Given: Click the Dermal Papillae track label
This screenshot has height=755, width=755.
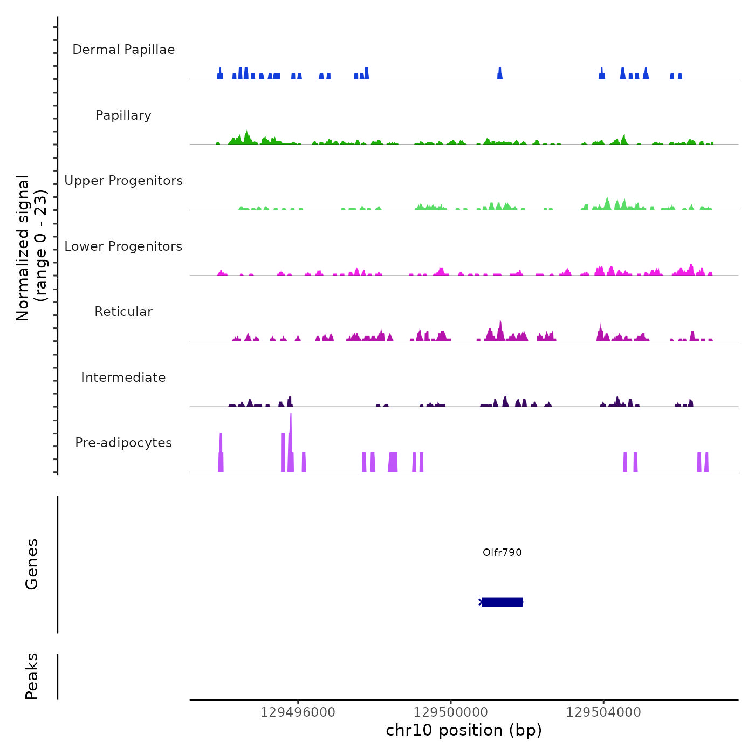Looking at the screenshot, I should pyautogui.click(x=123, y=50).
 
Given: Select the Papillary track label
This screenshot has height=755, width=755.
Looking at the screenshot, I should pyautogui.click(x=123, y=115).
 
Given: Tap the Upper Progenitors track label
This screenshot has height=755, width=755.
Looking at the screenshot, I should pyautogui.click(x=123, y=181).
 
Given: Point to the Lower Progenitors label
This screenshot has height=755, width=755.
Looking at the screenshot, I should pyautogui.click(x=123, y=246).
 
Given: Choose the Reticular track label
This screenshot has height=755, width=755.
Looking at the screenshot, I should pyautogui.click(x=123, y=312).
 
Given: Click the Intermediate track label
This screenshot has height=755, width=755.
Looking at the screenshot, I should pyautogui.click(x=123, y=377).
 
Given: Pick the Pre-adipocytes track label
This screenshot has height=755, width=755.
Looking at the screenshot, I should pyautogui.click(x=123, y=443).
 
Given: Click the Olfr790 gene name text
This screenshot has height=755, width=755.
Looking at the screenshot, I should pyautogui.click(x=502, y=552).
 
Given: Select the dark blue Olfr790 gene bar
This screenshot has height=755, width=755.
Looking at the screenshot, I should pyautogui.click(x=502, y=602).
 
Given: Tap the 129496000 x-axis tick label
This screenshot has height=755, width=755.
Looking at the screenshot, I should pyautogui.click(x=298, y=712).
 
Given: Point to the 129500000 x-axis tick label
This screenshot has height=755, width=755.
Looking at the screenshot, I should pyautogui.click(x=450, y=712).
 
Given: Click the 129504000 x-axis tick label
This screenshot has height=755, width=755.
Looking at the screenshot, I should pyautogui.click(x=603, y=712).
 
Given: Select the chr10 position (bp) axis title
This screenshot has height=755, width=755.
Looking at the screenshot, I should pyautogui.click(x=464, y=731).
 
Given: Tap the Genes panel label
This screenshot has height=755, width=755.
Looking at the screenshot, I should pyautogui.click(x=32, y=564).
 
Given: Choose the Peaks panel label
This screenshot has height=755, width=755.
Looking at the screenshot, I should pyautogui.click(x=32, y=676).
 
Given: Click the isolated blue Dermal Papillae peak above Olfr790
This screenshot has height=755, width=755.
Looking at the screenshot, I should pyautogui.click(x=500, y=73).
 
